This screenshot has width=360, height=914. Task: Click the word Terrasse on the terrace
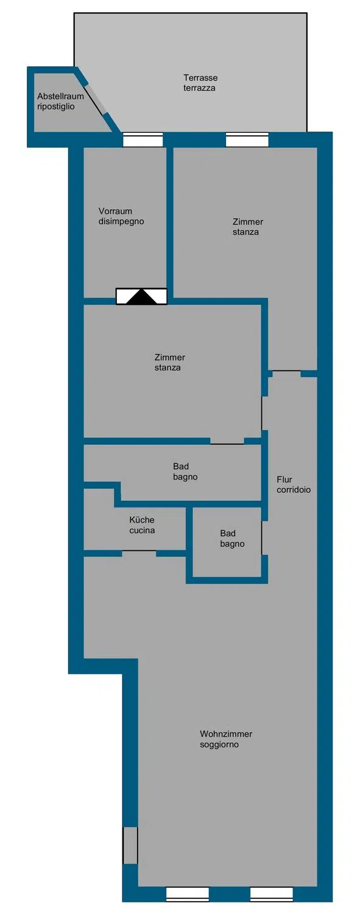click(x=200, y=77)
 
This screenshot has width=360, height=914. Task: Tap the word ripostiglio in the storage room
click(x=56, y=107)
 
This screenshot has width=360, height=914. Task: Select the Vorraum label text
click(x=115, y=211)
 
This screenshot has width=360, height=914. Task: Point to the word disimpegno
click(x=121, y=222)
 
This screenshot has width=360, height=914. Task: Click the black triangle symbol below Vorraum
click(x=141, y=297)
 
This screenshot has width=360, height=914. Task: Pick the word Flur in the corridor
click(x=284, y=480)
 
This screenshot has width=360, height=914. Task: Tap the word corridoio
click(x=294, y=490)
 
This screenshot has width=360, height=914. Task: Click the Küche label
click(x=142, y=520)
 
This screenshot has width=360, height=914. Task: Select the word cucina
click(x=142, y=531)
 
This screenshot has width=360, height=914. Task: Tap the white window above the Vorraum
click(x=143, y=140)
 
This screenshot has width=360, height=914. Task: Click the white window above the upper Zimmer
click(x=247, y=140)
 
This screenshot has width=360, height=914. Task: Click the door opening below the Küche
click(x=139, y=553)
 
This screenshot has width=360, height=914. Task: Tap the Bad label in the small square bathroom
click(x=228, y=533)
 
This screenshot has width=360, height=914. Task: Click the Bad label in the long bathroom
click(x=181, y=466)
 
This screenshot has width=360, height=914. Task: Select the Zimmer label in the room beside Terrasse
click(x=248, y=222)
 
